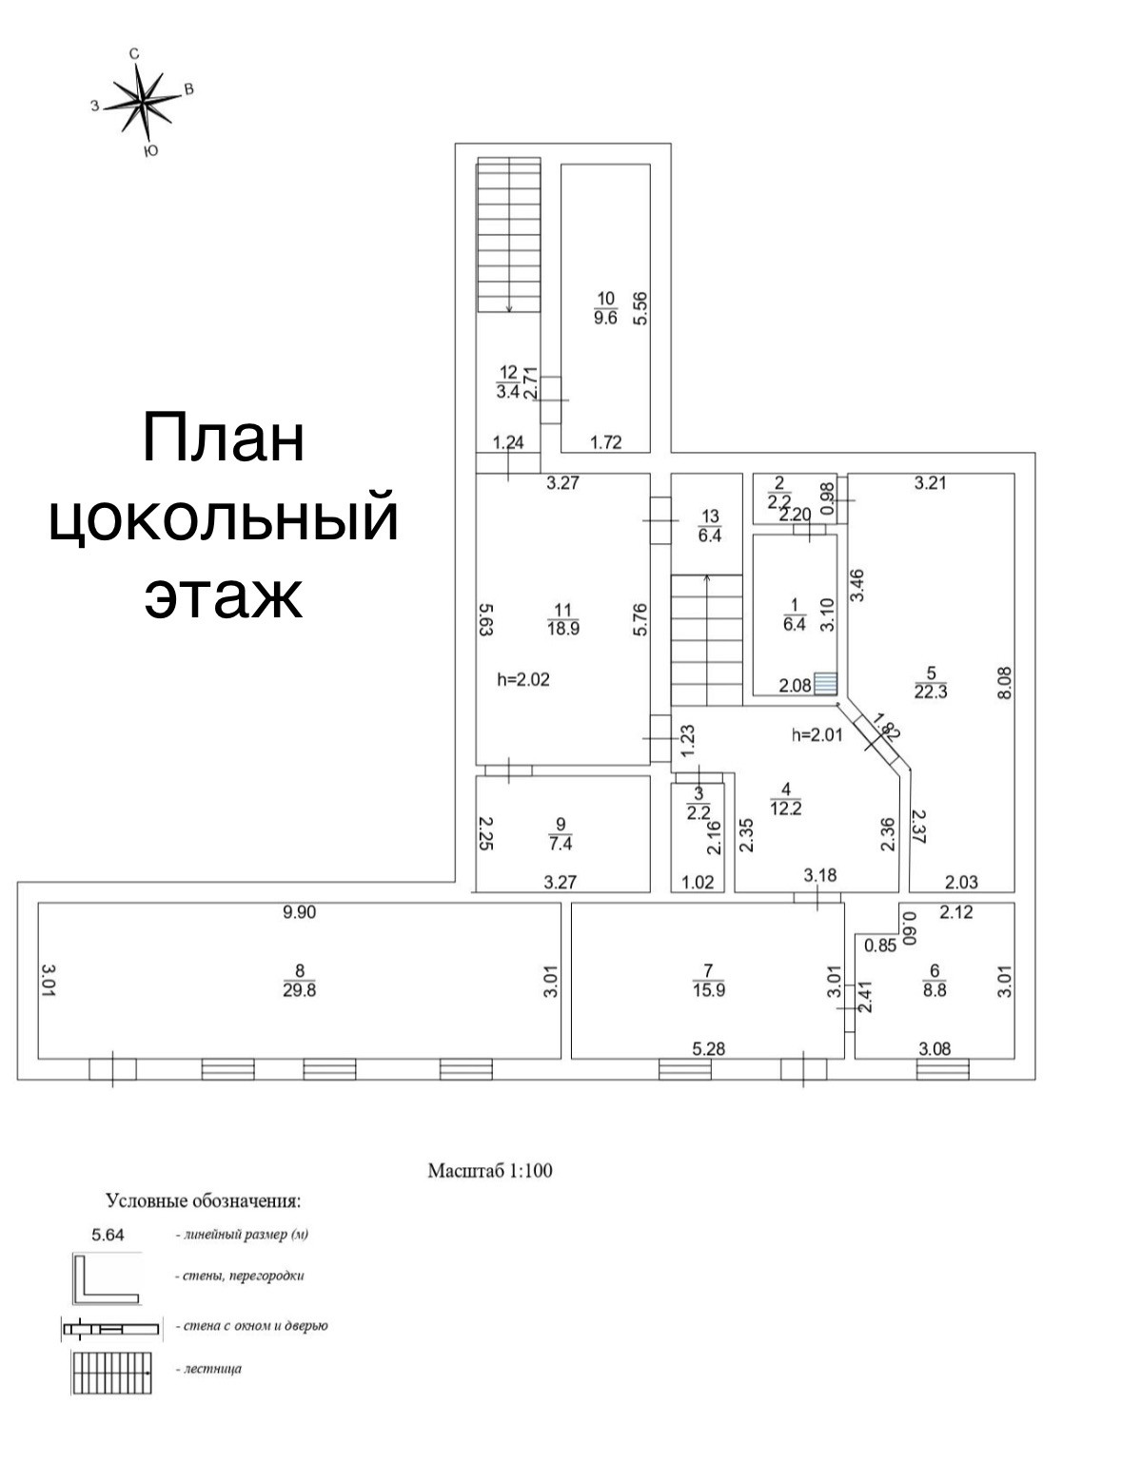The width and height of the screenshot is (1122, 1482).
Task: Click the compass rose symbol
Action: point(141,101)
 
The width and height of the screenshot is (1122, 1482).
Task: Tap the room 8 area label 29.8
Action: point(299,990)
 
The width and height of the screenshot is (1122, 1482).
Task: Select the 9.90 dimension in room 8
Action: point(299,912)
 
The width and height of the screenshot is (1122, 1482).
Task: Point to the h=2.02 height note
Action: point(523,679)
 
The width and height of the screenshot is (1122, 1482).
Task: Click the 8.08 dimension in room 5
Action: point(1005,683)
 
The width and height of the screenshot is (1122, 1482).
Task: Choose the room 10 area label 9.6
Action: point(605,317)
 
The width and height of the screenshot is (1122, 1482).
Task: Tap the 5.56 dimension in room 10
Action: point(640,308)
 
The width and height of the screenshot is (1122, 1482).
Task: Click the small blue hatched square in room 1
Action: point(825,683)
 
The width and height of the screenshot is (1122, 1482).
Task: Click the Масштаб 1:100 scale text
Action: point(490,1170)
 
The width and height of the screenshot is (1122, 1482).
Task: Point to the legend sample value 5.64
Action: point(108,1235)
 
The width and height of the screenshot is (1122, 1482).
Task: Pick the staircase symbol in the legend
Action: point(111,1373)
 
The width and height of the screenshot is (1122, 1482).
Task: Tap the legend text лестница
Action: point(212,1369)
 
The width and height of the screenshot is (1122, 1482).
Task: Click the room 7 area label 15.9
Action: point(708,990)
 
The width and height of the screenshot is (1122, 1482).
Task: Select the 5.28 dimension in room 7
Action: point(708,1048)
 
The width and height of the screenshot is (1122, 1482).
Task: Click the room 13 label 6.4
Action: point(710,536)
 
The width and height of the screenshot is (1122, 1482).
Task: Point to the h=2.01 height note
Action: point(817,734)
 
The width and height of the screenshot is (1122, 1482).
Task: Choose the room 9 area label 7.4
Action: point(561,844)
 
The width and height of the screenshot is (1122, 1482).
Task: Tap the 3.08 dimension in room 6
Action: point(935,1048)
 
